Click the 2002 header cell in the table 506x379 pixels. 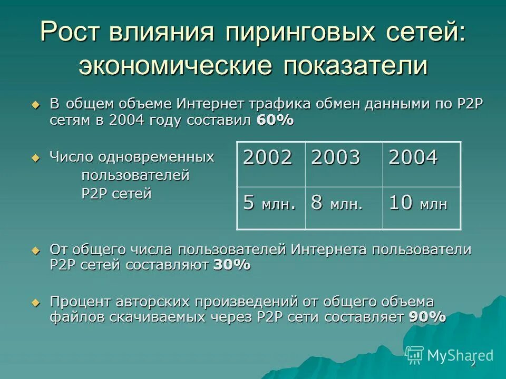tap(271, 164)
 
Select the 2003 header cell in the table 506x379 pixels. tap(344, 164)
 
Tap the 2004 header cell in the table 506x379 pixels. tap(421, 164)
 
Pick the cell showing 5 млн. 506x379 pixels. tap(271, 208)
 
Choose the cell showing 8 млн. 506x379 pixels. tap(344, 208)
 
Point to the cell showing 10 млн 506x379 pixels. tap(421, 208)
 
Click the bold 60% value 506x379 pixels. tap(275, 120)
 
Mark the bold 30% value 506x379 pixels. tap(231, 265)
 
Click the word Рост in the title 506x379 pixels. tap(73, 33)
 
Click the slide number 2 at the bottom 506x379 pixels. tap(473, 364)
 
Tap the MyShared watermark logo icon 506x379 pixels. tap(415, 355)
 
